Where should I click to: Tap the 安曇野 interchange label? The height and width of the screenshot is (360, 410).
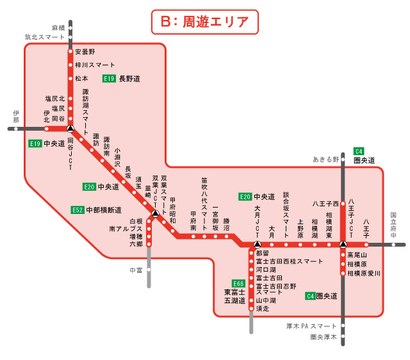pos(85,51)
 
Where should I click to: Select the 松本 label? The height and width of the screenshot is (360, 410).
pos(81,78)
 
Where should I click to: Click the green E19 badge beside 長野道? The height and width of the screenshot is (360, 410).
pos(110,78)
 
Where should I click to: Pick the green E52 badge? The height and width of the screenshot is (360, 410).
pos(77,209)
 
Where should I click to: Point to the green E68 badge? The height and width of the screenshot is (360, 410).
pos(238,284)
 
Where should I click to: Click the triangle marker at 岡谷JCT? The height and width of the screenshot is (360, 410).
pos(70,128)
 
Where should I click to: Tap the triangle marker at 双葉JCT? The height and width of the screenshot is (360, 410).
pos(155,213)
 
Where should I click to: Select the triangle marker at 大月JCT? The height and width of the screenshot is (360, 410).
pos(256,244)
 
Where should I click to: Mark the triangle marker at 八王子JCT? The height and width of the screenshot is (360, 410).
pos(343,244)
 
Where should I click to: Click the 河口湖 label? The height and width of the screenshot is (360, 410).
pos(266,270)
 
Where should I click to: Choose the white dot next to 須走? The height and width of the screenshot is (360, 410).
pos(251,309)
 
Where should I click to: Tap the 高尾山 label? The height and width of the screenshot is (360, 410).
pos(357,254)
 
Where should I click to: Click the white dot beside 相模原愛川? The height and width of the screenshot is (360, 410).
pos(343,274)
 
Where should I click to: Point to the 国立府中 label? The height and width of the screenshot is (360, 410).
pos(393,226)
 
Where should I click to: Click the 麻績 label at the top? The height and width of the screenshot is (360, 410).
pos(59,28)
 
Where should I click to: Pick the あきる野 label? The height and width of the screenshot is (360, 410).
pos(325,159)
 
